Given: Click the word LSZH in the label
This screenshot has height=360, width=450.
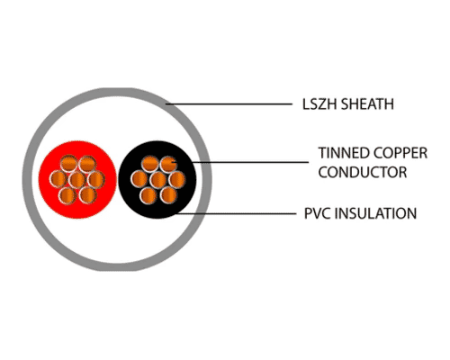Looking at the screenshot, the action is [319, 104].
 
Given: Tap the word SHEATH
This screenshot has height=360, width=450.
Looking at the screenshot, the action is [367, 104].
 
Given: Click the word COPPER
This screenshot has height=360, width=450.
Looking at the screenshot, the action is [400, 153].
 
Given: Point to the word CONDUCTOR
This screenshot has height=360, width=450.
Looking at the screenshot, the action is [363, 172].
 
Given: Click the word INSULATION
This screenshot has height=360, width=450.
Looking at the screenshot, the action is [375, 213].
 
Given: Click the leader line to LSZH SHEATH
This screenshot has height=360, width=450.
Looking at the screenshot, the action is [229, 104].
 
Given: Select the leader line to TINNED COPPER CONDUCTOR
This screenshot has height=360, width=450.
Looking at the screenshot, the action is [240, 162].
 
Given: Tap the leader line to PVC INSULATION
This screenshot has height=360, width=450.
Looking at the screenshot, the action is [236, 214].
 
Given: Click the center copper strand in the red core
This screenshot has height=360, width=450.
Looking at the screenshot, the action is [77, 180].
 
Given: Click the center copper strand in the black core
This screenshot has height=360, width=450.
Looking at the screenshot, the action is [158, 180].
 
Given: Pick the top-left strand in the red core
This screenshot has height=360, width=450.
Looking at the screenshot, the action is [68, 164].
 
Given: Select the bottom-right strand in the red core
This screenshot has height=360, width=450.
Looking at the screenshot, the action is [88, 195].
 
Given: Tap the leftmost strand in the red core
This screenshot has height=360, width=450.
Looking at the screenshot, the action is [58, 179].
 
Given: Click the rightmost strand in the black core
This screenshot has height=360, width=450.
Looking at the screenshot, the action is [176, 180].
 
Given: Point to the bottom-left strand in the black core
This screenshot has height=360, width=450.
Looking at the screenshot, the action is [148, 195].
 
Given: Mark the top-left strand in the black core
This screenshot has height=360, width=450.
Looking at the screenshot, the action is [149, 164].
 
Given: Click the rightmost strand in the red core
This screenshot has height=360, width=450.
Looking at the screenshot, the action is [96, 180].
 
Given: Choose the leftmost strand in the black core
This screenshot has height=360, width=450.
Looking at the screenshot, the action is [139, 179].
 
